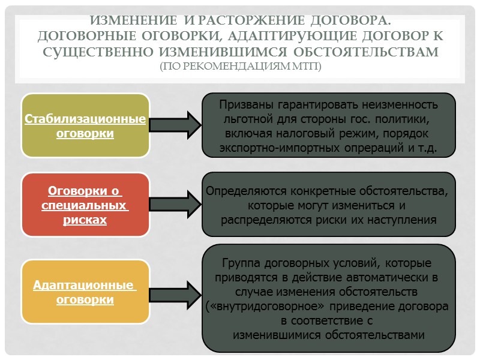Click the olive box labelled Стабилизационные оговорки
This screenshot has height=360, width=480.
[x=85, y=125]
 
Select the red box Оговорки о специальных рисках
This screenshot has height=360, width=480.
[x=85, y=205]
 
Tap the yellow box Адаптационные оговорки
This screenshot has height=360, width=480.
[x=85, y=292]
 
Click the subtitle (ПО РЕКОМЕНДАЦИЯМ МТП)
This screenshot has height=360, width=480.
[x=240, y=65]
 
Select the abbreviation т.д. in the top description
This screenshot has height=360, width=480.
[x=427, y=147]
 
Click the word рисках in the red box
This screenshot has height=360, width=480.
[x=85, y=220]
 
